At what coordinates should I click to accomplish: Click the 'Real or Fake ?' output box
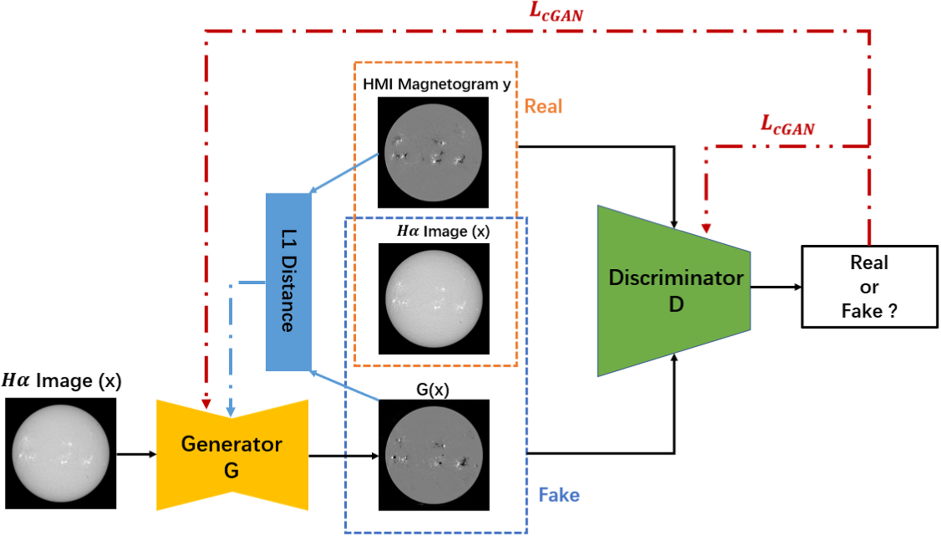tap(869, 287)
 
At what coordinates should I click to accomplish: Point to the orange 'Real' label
tap(543, 106)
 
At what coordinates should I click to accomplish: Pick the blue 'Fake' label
tap(558, 495)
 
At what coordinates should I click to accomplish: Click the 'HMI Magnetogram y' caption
tap(436, 84)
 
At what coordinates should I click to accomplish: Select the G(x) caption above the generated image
tap(432, 390)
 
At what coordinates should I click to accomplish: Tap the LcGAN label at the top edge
tap(556, 12)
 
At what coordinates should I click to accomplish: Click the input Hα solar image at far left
tap(61, 453)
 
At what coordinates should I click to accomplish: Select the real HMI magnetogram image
tap(433, 152)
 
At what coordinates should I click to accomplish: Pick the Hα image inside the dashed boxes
tap(434, 299)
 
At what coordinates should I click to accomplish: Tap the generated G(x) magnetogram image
tap(434, 455)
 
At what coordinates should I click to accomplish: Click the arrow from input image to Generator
tap(136, 454)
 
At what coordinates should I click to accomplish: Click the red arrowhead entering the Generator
tap(206, 404)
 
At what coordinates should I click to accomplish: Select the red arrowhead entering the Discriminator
tap(706, 228)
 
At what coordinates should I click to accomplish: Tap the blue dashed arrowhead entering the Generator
tap(231, 412)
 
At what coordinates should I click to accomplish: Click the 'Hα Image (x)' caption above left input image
tap(62, 381)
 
